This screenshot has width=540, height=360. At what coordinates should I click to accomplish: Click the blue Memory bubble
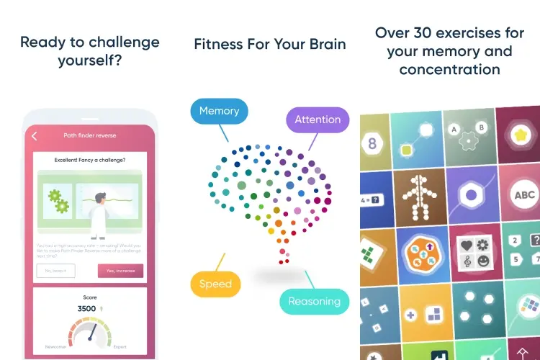(x=219, y=112)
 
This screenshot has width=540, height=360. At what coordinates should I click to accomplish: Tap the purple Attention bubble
(x=318, y=120)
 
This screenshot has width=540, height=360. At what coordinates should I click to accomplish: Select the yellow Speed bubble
(x=215, y=284)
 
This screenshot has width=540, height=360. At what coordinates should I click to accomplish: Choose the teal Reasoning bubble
(x=314, y=302)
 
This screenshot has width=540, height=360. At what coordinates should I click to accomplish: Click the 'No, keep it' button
(x=55, y=271)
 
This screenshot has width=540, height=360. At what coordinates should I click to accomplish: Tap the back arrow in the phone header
(x=34, y=135)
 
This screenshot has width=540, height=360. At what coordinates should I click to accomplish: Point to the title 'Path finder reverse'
(x=90, y=135)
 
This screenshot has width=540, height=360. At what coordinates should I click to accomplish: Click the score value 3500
(x=86, y=308)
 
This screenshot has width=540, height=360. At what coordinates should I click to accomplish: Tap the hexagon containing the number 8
(x=372, y=143)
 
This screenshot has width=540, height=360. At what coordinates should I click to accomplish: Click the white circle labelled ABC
(x=524, y=194)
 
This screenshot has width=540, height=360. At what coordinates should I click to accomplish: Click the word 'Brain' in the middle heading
(x=323, y=44)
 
